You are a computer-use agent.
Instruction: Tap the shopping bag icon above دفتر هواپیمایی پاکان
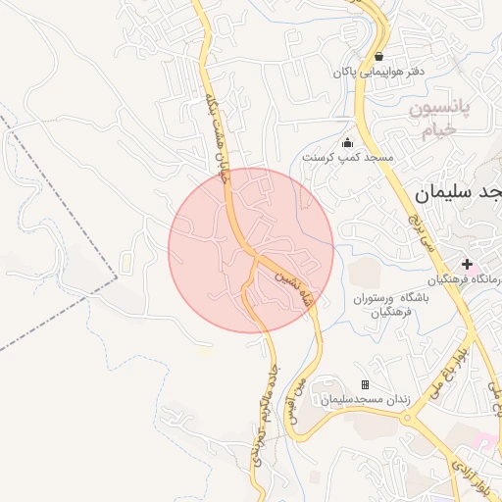pyautogui.click(x=378, y=55)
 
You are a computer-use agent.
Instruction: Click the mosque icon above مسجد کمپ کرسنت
pyautogui.click(x=347, y=143)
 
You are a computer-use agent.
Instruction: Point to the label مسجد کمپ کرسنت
pyautogui.click(x=347, y=158)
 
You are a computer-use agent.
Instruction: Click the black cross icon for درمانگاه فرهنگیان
pyautogui.click(x=468, y=264)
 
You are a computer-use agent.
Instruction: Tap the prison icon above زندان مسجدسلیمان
pyautogui.click(x=366, y=384)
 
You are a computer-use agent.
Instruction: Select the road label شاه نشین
pyautogui.click(x=288, y=286)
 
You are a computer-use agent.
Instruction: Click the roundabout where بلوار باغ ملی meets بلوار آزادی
pyautogui.click(x=407, y=417)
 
